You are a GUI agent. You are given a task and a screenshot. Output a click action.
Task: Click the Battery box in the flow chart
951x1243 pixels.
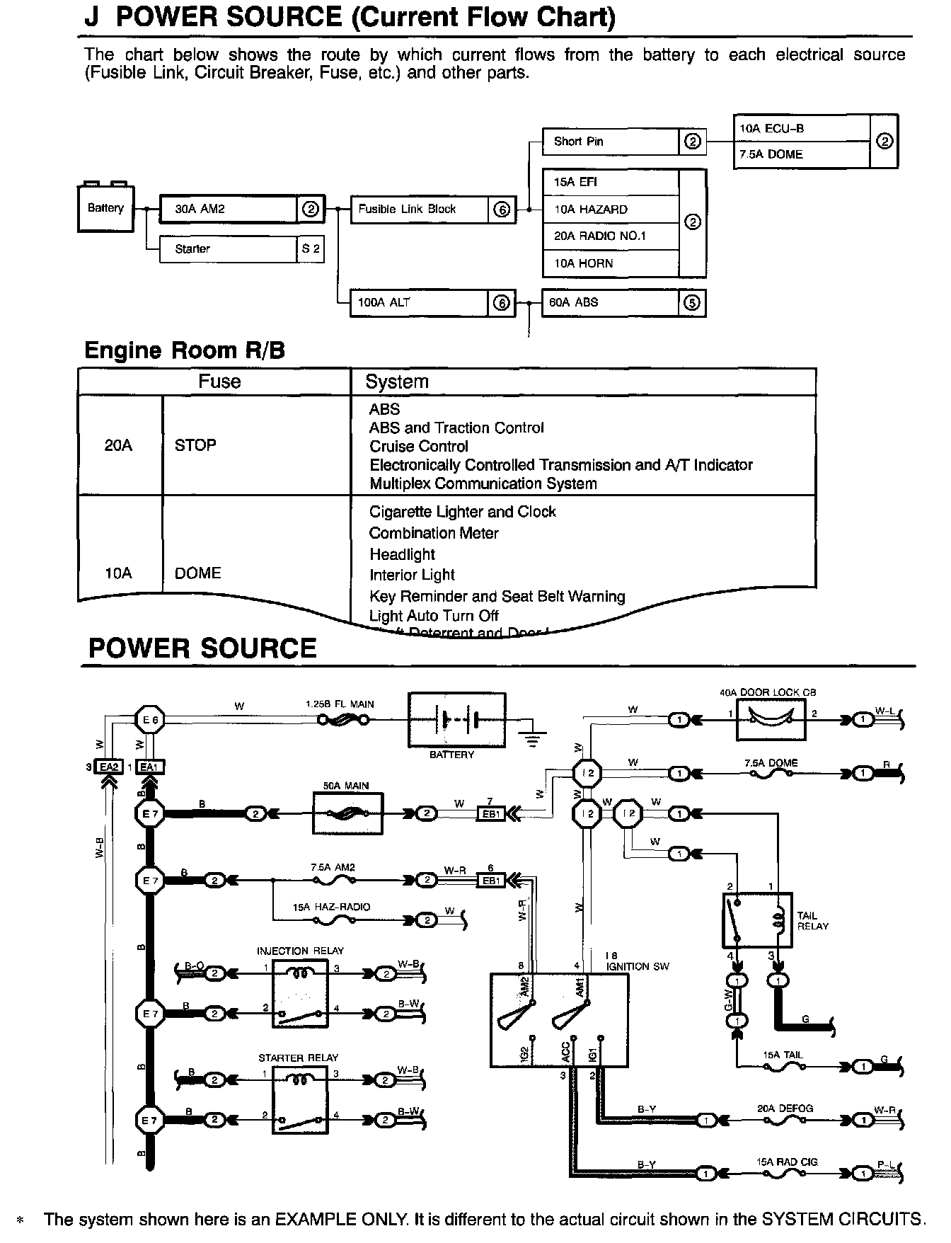(x=105, y=208)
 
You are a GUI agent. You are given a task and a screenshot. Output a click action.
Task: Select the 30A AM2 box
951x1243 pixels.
(x=228, y=210)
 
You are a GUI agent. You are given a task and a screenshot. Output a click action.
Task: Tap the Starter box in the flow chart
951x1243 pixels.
(x=228, y=249)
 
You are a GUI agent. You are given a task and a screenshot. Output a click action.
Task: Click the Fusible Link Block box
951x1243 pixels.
(x=420, y=210)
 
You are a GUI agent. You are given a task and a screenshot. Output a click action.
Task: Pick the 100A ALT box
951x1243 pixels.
(x=420, y=303)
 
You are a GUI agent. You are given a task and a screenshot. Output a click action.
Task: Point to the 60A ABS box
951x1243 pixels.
(x=610, y=303)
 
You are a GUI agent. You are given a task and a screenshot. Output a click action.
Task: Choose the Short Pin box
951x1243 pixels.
(x=610, y=142)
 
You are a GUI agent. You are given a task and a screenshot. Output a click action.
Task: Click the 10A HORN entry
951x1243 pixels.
(x=610, y=263)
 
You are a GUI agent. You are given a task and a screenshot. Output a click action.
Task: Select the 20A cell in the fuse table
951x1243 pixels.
(x=118, y=445)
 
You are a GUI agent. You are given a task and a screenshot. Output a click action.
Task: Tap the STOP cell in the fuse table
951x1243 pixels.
(x=195, y=445)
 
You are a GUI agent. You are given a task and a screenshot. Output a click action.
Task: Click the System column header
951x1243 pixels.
(x=397, y=382)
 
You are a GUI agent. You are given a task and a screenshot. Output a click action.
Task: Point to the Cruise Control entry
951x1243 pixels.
(x=418, y=447)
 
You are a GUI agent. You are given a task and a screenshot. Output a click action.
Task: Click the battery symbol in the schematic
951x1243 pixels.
(x=457, y=720)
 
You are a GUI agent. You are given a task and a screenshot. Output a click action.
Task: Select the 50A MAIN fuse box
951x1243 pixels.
(x=347, y=813)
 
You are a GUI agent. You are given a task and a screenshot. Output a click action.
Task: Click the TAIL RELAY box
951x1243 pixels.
(x=757, y=920)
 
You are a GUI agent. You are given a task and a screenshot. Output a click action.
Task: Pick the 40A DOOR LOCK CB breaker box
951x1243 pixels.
(x=771, y=720)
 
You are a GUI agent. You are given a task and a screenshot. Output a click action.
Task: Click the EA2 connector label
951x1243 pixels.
(x=110, y=767)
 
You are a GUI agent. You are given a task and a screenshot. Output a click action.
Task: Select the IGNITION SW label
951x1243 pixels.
(x=637, y=966)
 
